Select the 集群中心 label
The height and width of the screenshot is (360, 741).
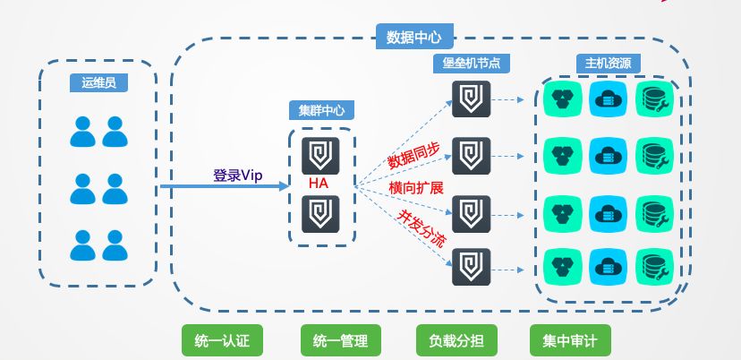click(321, 111)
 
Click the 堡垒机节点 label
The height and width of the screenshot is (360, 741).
click(471, 64)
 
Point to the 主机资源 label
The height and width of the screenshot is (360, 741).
click(608, 64)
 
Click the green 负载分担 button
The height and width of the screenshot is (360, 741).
click(453, 340)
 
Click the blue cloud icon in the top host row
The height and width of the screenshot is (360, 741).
click(609, 99)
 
